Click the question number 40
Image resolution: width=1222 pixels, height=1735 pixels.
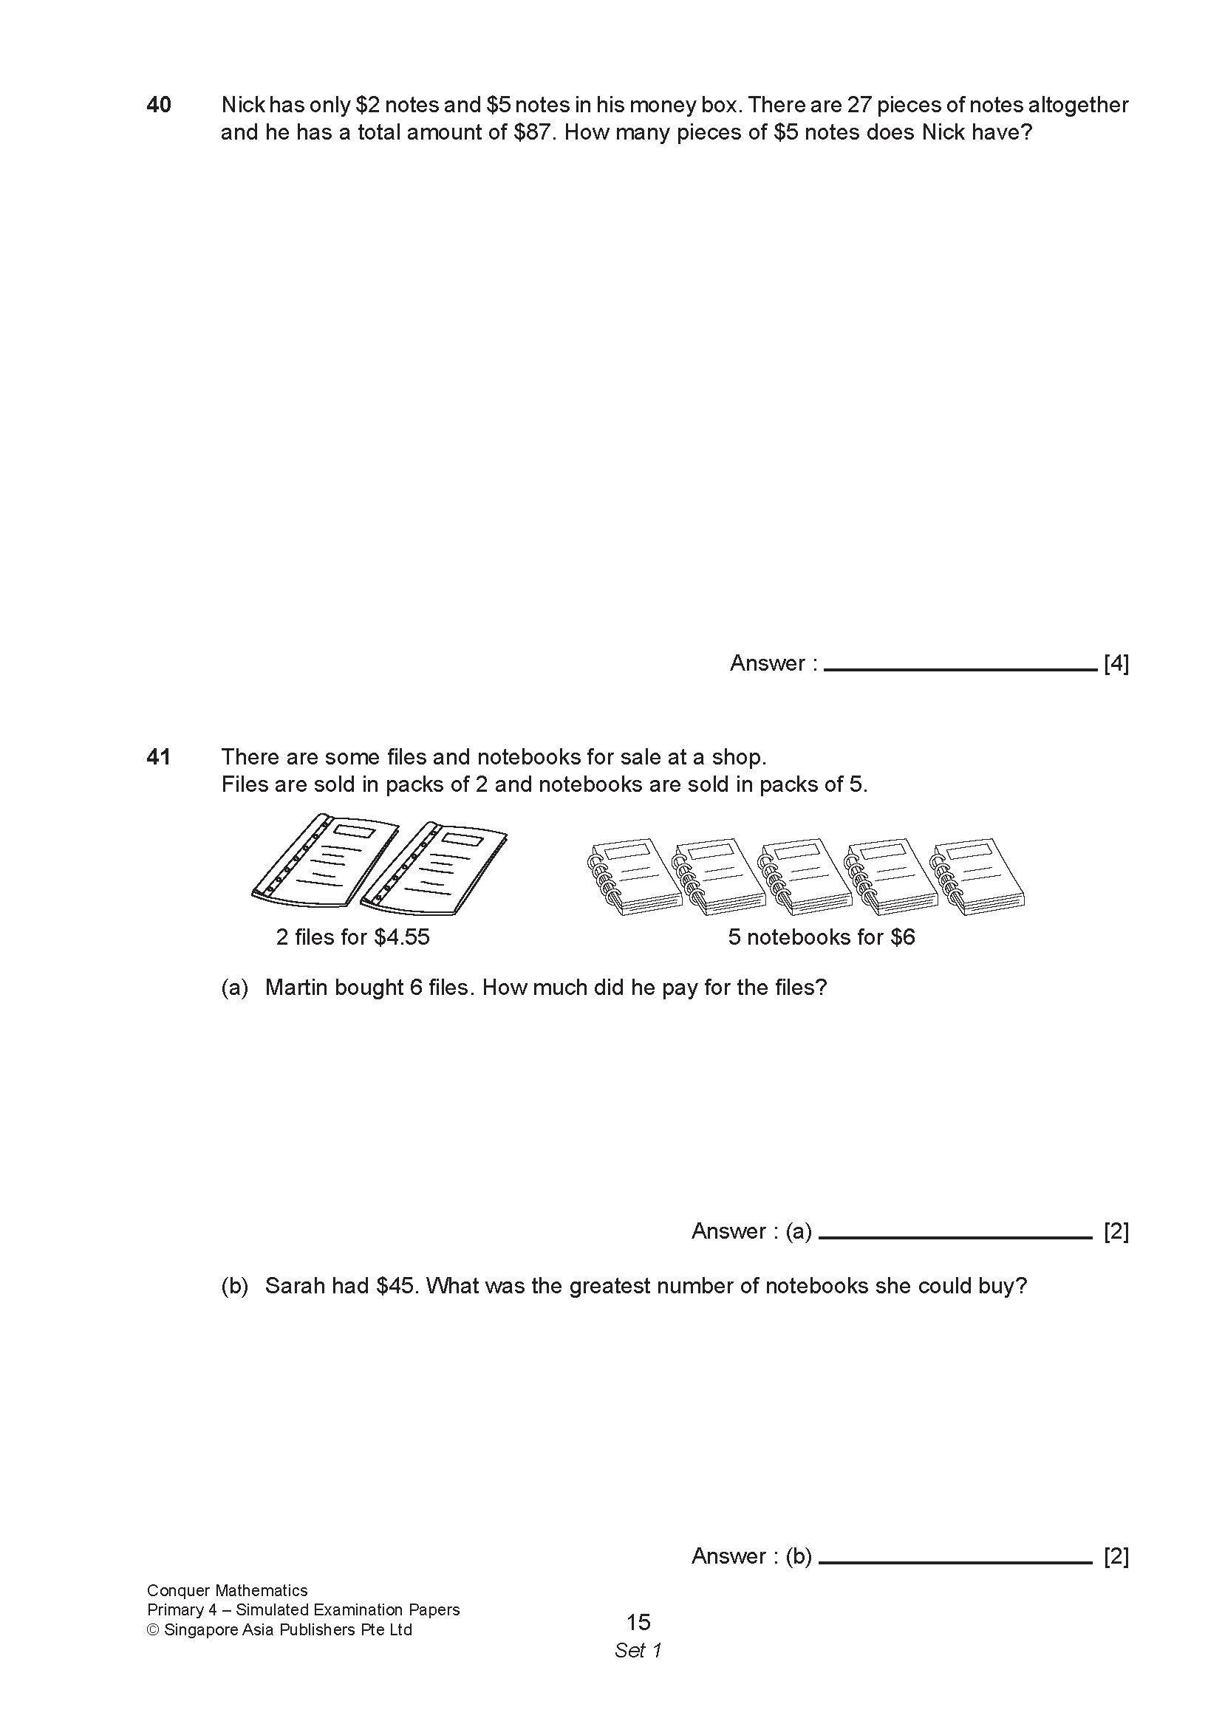pyautogui.click(x=159, y=105)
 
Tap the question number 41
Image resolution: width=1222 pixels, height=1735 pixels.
pyautogui.click(x=159, y=756)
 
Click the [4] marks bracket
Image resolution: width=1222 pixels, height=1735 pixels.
pyautogui.click(x=1116, y=663)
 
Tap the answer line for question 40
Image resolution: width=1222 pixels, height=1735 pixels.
pyautogui.click(x=960, y=668)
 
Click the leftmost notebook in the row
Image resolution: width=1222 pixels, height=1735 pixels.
pyautogui.click(x=630, y=877)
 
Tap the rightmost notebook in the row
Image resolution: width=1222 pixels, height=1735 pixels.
pyautogui.click(x=978, y=877)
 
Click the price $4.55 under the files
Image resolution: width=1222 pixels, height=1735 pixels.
pyautogui.click(x=402, y=938)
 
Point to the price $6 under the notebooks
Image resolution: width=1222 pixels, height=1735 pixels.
pyautogui.click(x=901, y=938)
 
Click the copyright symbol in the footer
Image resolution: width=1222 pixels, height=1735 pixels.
pyautogui.click(x=153, y=1630)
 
